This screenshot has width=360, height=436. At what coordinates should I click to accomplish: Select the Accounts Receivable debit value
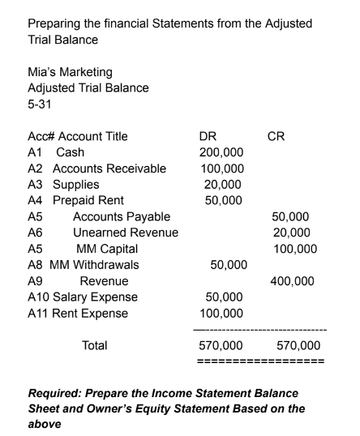[x=222, y=169]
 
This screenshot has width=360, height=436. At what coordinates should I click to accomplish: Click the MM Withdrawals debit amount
[x=229, y=263]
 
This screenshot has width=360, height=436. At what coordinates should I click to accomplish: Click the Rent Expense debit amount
[x=222, y=312]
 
